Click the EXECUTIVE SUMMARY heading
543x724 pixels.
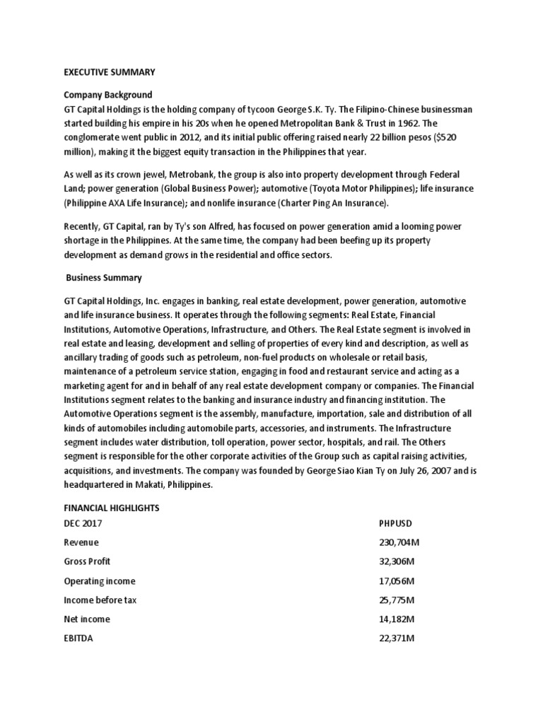pyautogui.click(x=110, y=72)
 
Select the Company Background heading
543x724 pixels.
pyautogui.click(x=108, y=95)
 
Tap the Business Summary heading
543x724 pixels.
pyautogui.click(x=104, y=278)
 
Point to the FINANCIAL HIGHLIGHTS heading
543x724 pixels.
pyautogui.click(x=112, y=508)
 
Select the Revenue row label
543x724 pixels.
pyautogui.click(x=81, y=542)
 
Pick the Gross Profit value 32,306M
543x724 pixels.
pyautogui.click(x=397, y=561)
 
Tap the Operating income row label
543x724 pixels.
pyautogui.click(x=100, y=580)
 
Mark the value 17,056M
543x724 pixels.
pyautogui.click(x=397, y=580)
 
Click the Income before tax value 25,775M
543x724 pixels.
pyautogui.click(x=397, y=600)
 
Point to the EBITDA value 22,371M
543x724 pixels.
pyautogui.click(x=397, y=638)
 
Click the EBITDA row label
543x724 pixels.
pyautogui.click(x=78, y=638)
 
